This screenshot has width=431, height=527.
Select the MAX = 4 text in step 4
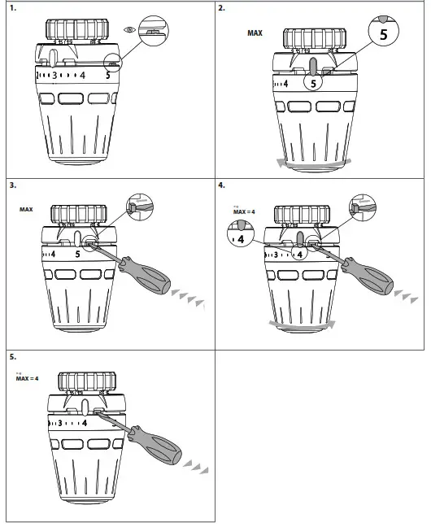pyautogui.click(x=240, y=212)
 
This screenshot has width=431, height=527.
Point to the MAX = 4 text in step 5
pyautogui.click(x=27, y=379)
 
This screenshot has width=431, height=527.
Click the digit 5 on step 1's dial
pyautogui.click(x=109, y=76)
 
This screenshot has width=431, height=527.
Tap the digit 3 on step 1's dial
pyautogui.click(x=54, y=76)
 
